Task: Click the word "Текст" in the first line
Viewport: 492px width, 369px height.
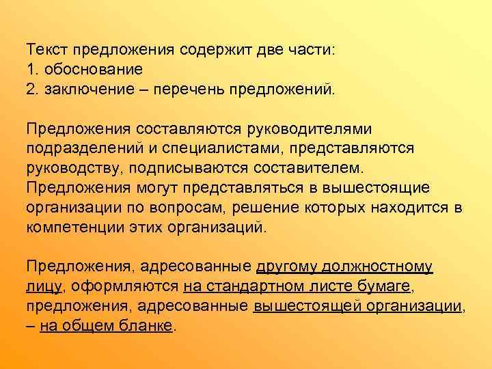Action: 46,51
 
